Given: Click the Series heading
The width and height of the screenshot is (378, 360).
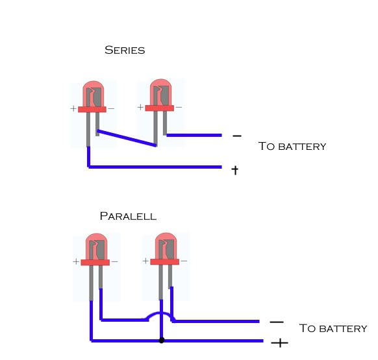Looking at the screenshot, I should pos(125,50).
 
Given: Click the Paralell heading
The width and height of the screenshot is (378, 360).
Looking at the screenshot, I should pos(128,216).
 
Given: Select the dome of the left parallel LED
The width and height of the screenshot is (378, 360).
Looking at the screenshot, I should pos(96,246).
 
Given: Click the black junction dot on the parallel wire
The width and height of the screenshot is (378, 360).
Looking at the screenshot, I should pos(161,340).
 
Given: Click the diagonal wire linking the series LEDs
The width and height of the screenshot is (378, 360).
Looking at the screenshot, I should pos(127,138).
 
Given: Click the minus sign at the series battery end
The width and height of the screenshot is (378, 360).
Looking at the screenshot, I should pos(236,136).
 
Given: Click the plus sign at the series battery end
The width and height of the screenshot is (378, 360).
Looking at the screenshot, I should pos(235,170).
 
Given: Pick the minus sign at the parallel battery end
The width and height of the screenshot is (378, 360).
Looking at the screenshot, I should pos(276,322).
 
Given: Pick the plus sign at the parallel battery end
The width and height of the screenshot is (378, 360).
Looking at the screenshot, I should pos(279,342).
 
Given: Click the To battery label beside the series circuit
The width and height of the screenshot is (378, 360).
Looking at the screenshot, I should pos(292,147).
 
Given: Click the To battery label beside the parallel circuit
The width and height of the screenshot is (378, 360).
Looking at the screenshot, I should pos(333,328).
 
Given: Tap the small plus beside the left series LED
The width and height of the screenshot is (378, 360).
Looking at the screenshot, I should pos(73,109).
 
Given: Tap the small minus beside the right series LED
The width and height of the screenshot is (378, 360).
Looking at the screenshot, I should pos(179,107).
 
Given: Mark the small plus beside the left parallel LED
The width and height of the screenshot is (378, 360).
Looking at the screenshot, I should pos(77,262).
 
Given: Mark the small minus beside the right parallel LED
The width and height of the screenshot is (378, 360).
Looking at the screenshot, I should pos(184,261).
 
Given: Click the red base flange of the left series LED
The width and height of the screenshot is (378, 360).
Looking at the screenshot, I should pos(92,109).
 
